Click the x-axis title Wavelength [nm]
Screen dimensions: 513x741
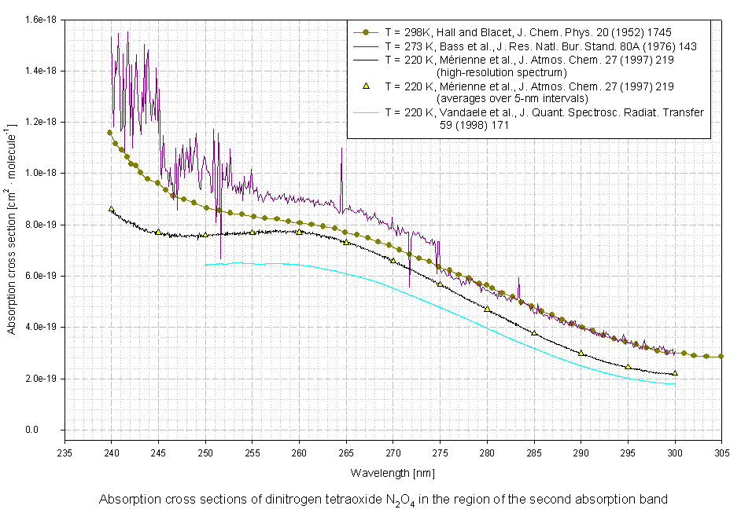(x=393, y=473)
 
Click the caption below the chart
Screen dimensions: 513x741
(x=384, y=499)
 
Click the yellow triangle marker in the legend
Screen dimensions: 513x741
(x=365, y=85)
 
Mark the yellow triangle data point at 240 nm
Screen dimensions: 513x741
(x=111, y=209)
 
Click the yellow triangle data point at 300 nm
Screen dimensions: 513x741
(x=675, y=373)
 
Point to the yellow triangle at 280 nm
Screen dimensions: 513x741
(x=487, y=309)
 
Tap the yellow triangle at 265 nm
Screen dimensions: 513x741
(x=346, y=242)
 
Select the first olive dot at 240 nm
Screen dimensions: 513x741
(x=110, y=133)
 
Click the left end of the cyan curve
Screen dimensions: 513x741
(x=206, y=265)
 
